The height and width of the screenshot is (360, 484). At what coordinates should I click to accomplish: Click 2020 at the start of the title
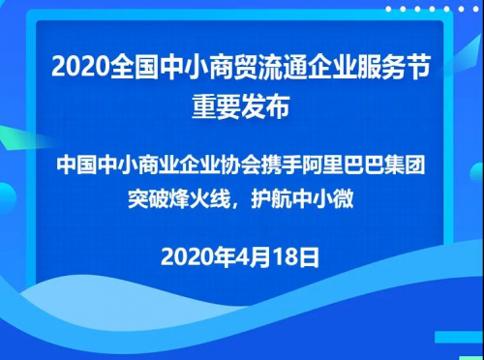click(80, 67)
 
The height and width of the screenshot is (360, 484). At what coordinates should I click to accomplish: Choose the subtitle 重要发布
click(241, 106)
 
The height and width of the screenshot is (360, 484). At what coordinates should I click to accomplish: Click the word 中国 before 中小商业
click(77, 165)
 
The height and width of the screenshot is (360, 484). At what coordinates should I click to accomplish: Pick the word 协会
click(241, 165)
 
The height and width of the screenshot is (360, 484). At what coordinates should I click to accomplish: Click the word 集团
click(405, 165)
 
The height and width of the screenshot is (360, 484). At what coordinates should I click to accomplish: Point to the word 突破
click(148, 199)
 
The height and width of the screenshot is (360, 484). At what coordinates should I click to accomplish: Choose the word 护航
click(271, 199)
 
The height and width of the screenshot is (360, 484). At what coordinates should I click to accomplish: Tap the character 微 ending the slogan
click(344, 199)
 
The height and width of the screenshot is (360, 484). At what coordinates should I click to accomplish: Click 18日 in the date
click(296, 257)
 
